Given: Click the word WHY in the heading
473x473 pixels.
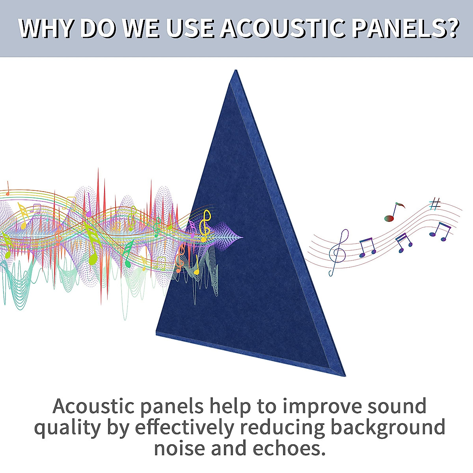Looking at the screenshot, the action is [x=46, y=28].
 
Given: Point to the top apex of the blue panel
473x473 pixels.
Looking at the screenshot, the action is [x=236, y=70].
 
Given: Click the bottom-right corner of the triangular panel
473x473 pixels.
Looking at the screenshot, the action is [x=345, y=376].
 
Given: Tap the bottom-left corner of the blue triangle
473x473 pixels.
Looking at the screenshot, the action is [x=156, y=333].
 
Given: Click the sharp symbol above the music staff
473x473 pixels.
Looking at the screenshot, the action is [x=435, y=204].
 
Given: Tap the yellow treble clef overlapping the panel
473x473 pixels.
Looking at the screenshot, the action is [x=205, y=225].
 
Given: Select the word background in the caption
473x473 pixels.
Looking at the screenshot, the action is [x=388, y=427].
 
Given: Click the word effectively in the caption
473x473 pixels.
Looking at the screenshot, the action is [x=184, y=427].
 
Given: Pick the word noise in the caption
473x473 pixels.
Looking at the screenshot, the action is [x=179, y=449].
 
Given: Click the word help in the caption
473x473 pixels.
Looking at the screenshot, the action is [x=230, y=407].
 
